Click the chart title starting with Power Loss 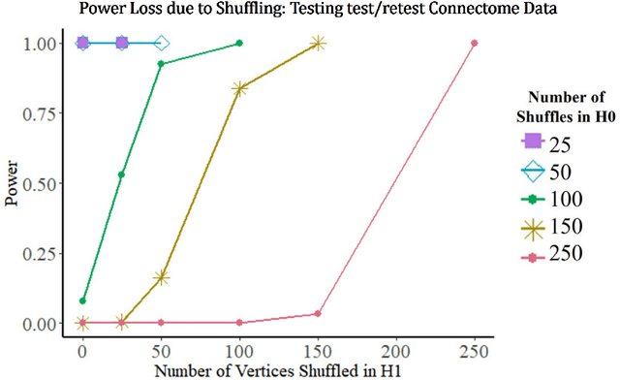(310, 11)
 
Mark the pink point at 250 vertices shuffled (475, 43)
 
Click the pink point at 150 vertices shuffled (319, 313)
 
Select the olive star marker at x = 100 (239, 88)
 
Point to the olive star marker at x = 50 (161, 276)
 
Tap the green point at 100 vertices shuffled (239, 43)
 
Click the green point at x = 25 (121, 174)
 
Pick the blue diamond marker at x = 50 (161, 43)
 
